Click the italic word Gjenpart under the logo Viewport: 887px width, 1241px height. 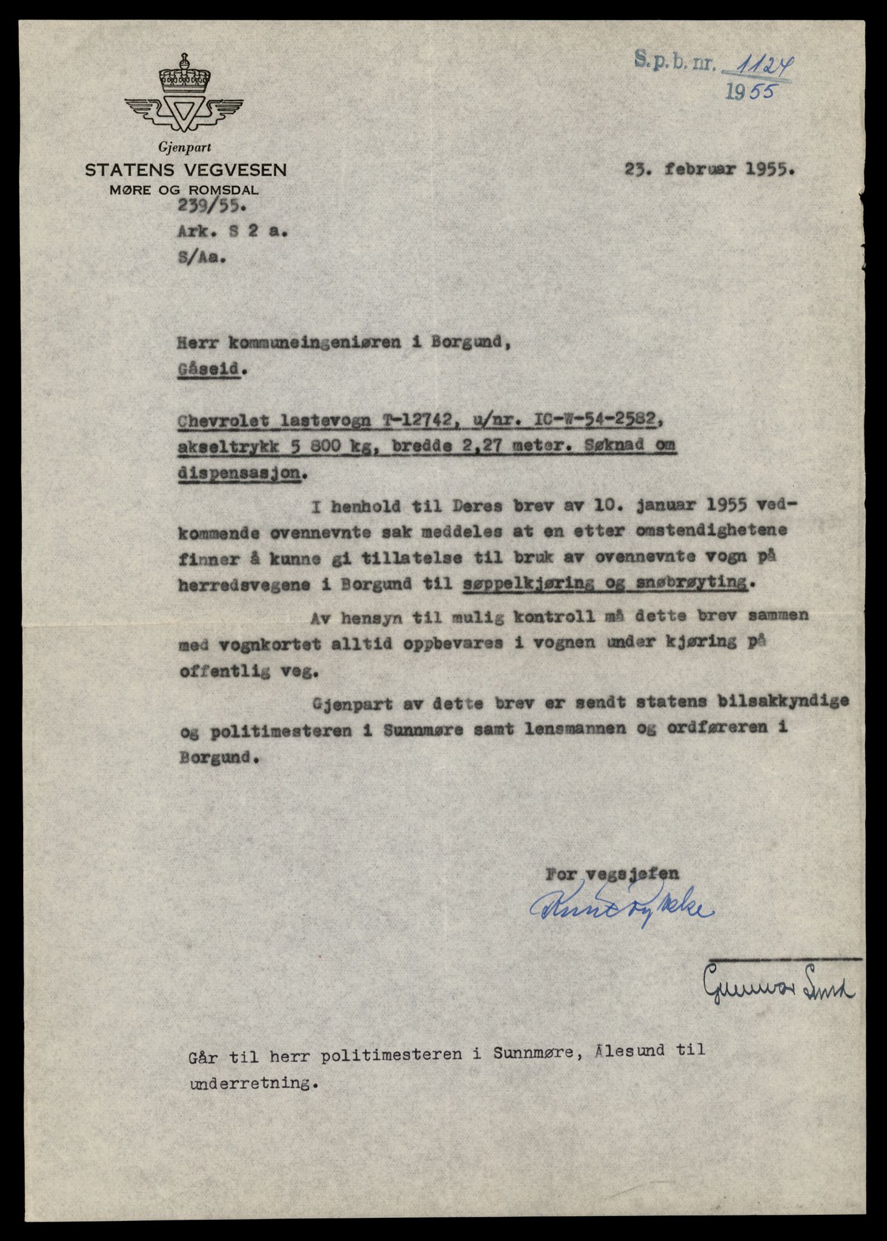(x=184, y=147)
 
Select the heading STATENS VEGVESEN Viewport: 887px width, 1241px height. (x=185, y=170)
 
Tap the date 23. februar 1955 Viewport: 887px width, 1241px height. (x=709, y=170)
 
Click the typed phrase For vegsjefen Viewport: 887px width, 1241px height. (x=612, y=874)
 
